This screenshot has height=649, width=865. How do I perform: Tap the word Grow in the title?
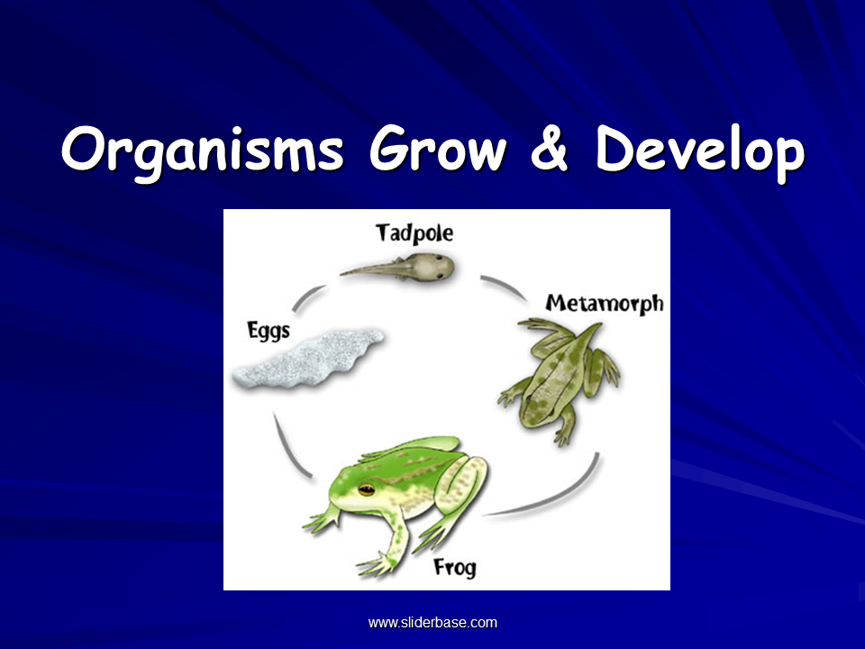438,148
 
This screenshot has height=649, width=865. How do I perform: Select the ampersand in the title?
550,148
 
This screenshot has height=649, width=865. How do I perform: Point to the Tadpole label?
414,233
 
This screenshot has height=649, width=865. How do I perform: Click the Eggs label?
269,331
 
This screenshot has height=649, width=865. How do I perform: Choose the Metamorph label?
604,304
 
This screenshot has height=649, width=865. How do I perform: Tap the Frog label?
454,568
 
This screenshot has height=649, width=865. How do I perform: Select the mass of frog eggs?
308,359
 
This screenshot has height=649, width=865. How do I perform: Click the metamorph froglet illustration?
559,380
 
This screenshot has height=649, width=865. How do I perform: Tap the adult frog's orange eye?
367,489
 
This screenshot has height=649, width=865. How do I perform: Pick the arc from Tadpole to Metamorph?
505,286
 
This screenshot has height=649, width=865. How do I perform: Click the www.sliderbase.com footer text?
432,623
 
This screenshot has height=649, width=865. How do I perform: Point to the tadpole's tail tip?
341,273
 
